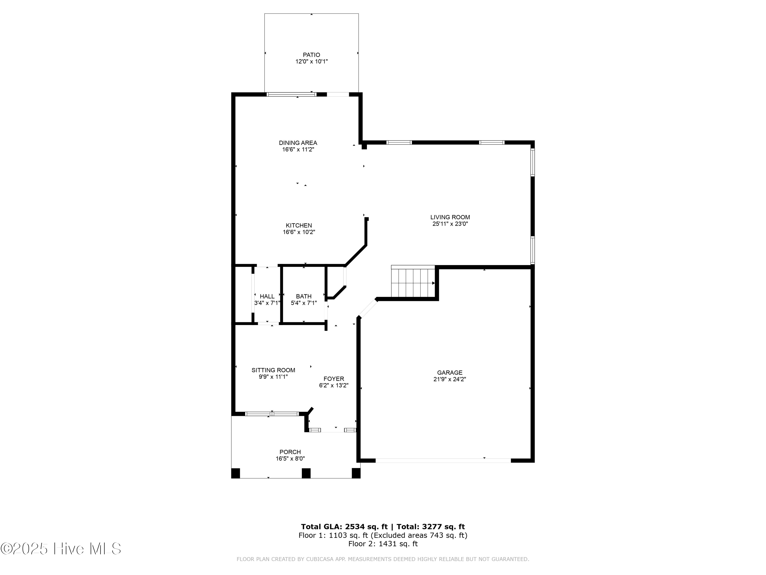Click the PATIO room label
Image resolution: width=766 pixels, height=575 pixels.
pyautogui.click(x=311, y=55)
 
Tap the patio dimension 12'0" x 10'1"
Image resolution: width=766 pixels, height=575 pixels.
pyautogui.click(x=311, y=62)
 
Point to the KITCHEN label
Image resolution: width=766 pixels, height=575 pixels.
pyautogui.click(x=298, y=225)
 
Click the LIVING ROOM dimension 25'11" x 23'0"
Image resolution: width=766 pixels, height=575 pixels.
pyautogui.click(x=450, y=224)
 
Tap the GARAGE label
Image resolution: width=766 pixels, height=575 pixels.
pyautogui.click(x=449, y=373)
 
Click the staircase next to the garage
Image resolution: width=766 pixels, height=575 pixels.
pyautogui.click(x=413, y=282)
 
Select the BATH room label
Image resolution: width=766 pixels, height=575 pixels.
pyautogui.click(x=303, y=296)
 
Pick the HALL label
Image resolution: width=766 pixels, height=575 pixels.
pyautogui.click(x=267, y=296)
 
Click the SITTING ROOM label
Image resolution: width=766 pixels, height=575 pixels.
pyautogui.click(x=273, y=370)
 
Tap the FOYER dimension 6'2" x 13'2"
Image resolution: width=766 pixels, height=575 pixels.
pyautogui.click(x=333, y=385)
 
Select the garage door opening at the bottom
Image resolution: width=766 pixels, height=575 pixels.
pyautogui.click(x=443, y=461)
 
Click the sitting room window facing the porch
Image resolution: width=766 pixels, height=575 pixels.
pyautogui.click(x=272, y=413)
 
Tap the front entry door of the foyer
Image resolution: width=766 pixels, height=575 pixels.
pyautogui.click(x=332, y=430)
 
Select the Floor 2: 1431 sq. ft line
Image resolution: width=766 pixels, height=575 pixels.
pyautogui.click(x=383, y=544)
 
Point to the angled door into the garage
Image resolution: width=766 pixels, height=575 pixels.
pyautogui.click(x=368, y=308)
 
